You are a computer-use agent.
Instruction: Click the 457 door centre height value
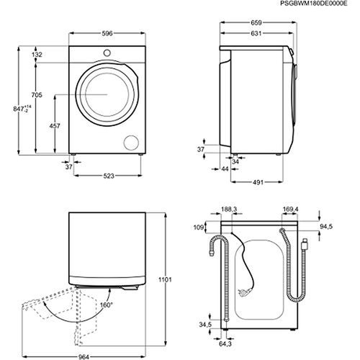[55, 127]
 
